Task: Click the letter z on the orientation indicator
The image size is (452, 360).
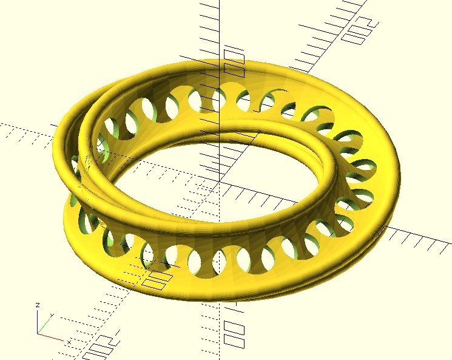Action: point(38,305)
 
